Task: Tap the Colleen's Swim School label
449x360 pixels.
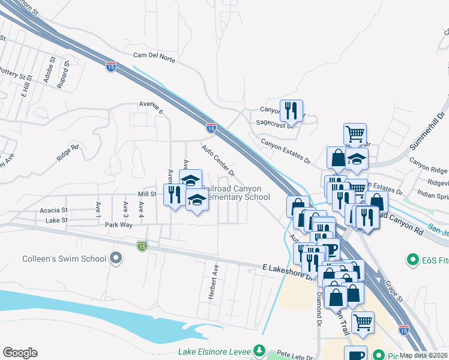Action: pos(64,259)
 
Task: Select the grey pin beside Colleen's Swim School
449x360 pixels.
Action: pos(116,259)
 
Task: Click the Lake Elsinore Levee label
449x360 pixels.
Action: pos(214,350)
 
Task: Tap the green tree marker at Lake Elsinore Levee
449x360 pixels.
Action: pos(259,350)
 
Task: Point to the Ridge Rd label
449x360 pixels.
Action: pos(68,152)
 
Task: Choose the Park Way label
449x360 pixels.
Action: pos(118,225)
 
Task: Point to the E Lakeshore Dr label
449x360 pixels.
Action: pos(288,268)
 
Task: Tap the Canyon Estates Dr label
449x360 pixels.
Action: pos(285,151)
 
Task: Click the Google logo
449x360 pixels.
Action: pos(20,353)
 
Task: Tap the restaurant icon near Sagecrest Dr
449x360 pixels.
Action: pos(291,110)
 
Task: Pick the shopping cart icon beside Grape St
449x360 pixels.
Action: pos(363,322)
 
